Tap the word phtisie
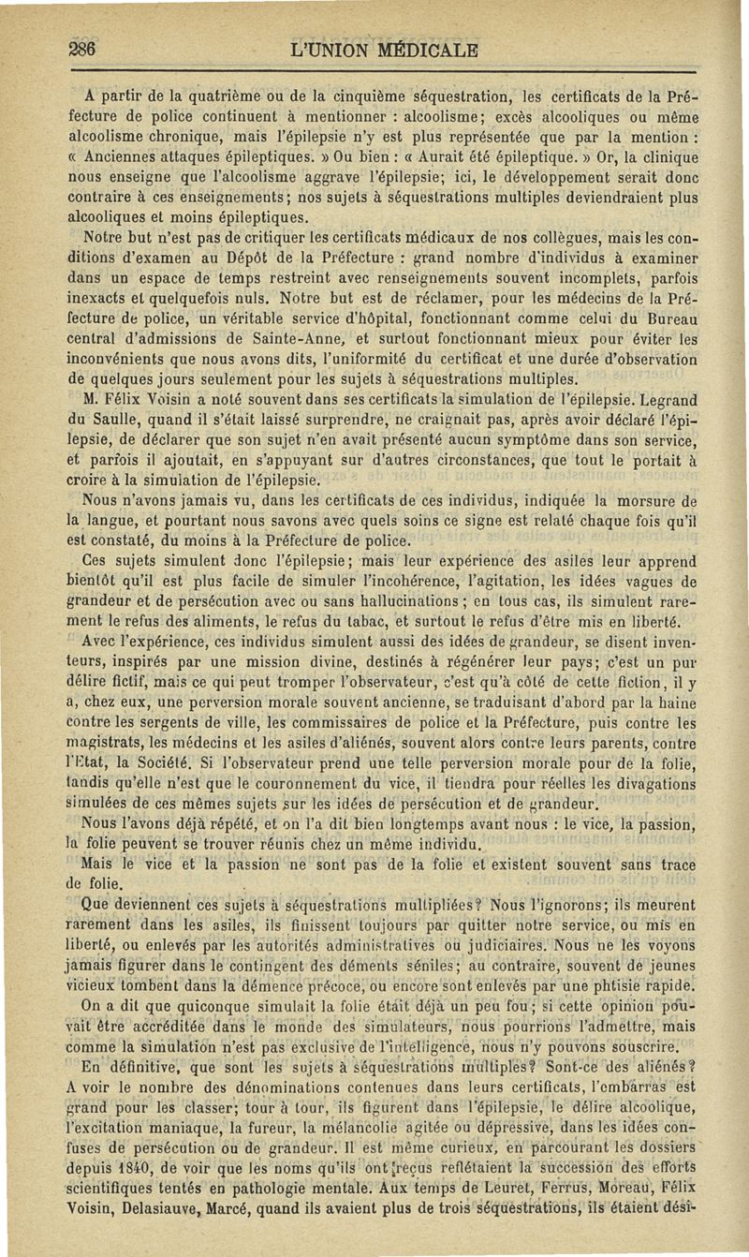click(624, 986)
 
